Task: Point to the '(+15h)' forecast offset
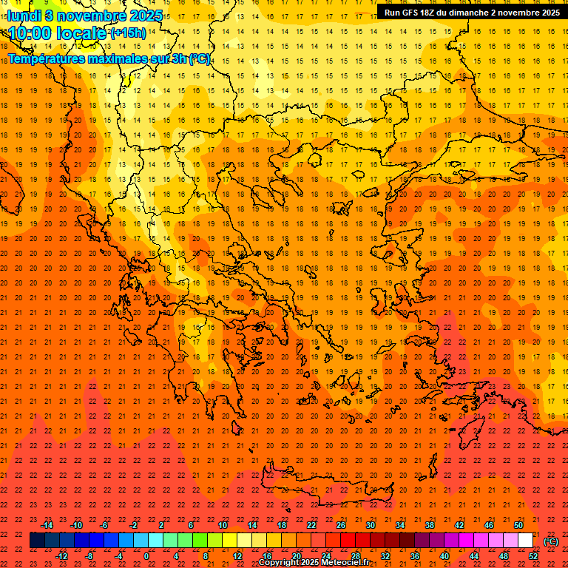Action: click(128, 33)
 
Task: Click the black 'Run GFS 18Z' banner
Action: click(471, 13)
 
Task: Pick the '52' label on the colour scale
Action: click(533, 556)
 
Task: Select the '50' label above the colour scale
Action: click(518, 525)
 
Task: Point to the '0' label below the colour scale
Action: click(146, 556)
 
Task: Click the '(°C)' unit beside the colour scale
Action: click(551, 541)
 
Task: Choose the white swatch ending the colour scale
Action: click(526, 541)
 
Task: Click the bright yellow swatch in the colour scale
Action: click(230, 541)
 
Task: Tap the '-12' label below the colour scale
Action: click(62, 556)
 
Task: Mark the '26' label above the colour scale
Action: click(341, 525)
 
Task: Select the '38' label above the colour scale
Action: click(430, 525)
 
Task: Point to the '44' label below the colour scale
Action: click(474, 556)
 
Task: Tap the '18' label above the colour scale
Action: click(282, 525)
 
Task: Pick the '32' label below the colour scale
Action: click(385, 556)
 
